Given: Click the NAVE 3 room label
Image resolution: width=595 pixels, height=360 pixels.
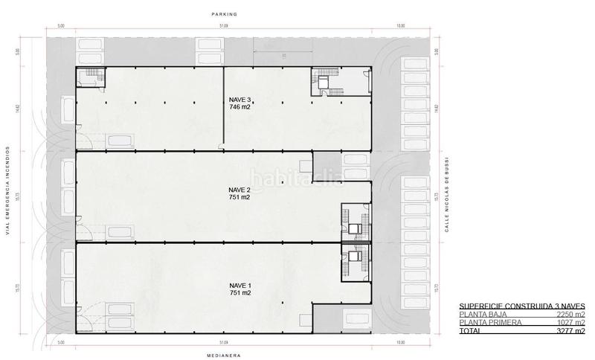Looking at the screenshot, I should tap(239, 98).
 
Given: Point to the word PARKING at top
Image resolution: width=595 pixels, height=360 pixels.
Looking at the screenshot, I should tap(223, 13).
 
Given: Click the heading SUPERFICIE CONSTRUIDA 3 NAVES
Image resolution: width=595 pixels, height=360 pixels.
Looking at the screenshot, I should tap(522, 306).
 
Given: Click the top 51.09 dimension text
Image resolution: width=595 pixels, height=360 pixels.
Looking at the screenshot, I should tap(224, 26).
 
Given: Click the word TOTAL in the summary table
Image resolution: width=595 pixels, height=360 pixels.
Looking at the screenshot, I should tap(470, 330).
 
